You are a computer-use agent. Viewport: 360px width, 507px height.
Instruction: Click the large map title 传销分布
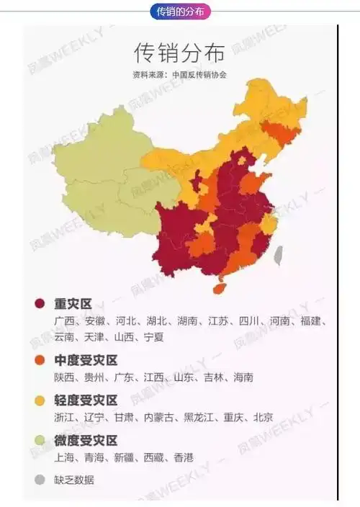179,53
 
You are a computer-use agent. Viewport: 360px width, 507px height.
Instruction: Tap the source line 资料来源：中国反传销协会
179,74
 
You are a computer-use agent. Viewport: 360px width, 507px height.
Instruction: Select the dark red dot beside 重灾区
40,305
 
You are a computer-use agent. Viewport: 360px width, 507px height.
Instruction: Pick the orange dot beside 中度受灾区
40,360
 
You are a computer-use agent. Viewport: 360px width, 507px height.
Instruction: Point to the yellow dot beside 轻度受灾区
40,400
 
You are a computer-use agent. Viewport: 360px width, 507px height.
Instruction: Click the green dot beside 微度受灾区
40,440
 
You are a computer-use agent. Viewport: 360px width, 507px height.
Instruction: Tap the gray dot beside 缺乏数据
40,480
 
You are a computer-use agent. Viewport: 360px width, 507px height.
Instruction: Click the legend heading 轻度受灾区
86,400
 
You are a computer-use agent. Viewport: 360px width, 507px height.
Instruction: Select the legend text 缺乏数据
74,480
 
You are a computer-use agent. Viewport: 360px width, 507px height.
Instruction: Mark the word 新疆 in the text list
124,457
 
